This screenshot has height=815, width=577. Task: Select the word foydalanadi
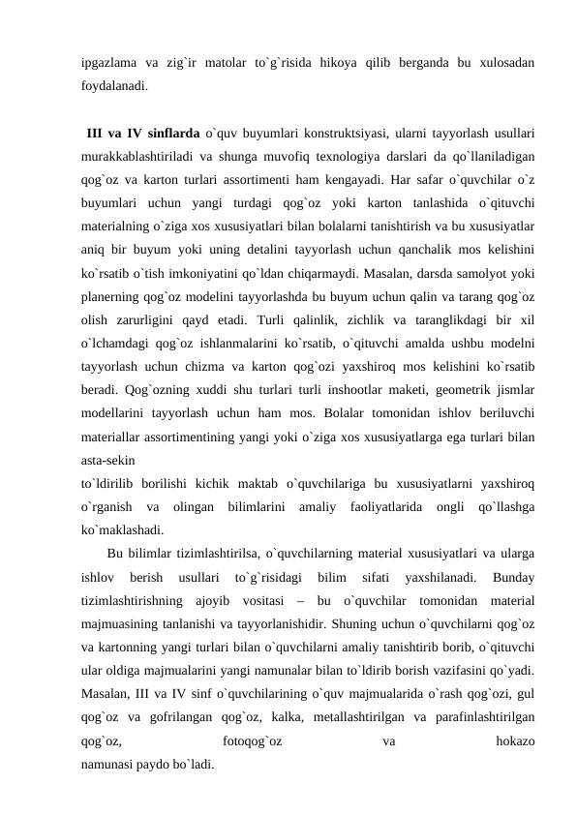point(115,85)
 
